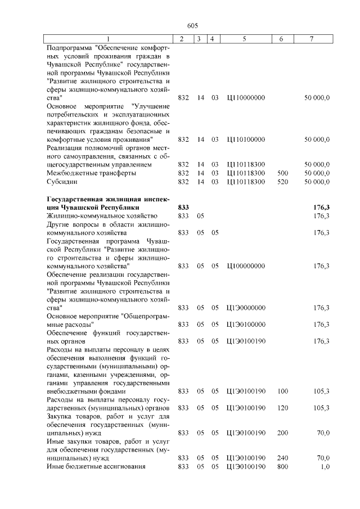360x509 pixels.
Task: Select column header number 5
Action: pos(245,39)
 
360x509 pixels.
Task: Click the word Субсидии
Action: pos(62,182)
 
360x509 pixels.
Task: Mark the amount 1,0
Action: pos(325,466)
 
